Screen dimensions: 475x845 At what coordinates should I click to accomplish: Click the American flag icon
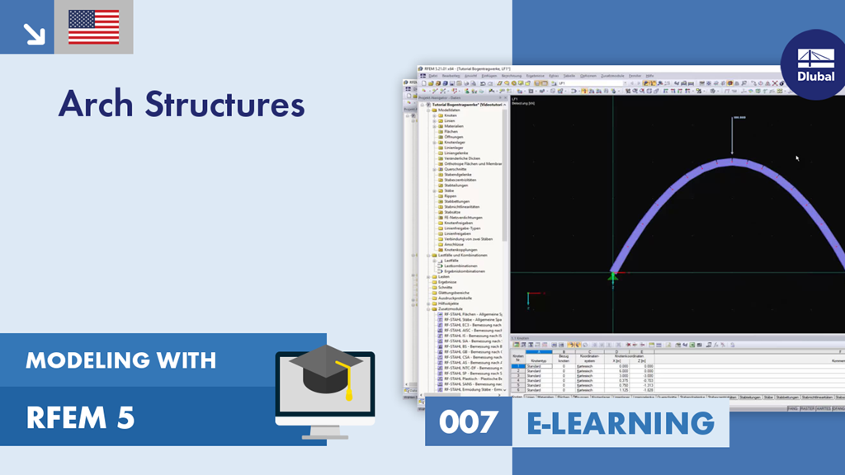[93, 26]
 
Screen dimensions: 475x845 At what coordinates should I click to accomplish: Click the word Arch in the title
[97, 104]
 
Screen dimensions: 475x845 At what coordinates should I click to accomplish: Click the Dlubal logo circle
[814, 64]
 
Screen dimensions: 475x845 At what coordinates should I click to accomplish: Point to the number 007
[469, 421]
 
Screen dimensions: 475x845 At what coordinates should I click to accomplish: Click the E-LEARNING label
[620, 421]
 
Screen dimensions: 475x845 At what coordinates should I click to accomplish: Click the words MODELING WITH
[120, 360]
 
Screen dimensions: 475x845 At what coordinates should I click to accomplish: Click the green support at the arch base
[613, 277]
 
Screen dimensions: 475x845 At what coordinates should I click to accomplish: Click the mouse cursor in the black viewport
[796, 158]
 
